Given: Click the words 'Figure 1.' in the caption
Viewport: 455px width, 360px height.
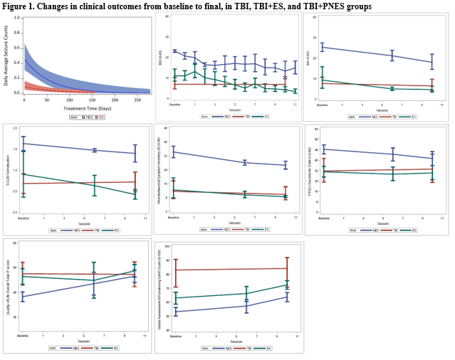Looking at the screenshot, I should click(x=20, y=6).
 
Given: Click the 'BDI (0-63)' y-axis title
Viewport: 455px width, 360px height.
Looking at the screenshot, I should click(x=160, y=58).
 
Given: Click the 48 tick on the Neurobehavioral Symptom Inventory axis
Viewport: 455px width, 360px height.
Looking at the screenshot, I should click(x=164, y=129).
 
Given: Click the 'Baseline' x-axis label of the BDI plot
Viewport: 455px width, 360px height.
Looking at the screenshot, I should click(x=174, y=104).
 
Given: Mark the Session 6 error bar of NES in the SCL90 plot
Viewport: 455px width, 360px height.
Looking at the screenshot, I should click(x=94, y=150).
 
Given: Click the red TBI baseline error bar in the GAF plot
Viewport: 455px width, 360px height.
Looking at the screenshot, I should click(x=175, y=270).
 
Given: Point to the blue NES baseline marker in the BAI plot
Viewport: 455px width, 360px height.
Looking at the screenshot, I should click(x=323, y=47).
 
